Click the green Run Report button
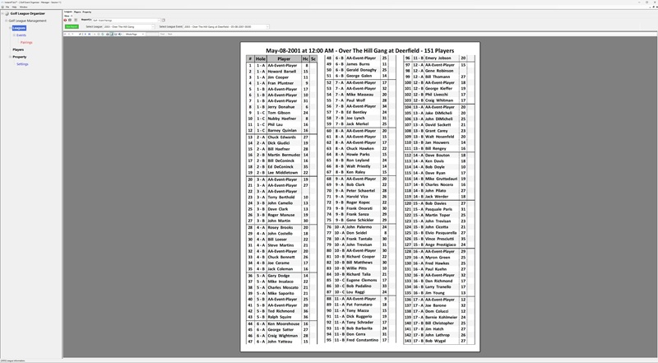pyautogui.click(x=72, y=26)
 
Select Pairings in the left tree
pyautogui.click(x=26, y=42)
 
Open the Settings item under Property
pyautogui.click(x=22, y=63)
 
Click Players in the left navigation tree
pyautogui.click(x=18, y=49)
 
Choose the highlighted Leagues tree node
pyautogui.click(x=18, y=27)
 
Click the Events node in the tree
pyautogui.click(x=21, y=35)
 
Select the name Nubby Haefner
pyautogui.click(x=281, y=118)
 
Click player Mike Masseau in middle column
pyautogui.click(x=360, y=95)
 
